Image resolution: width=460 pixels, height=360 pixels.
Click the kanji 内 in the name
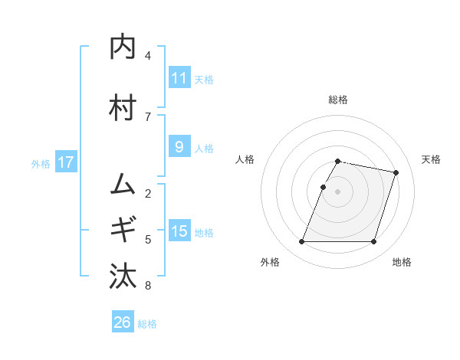pyautogui.click(x=123, y=47)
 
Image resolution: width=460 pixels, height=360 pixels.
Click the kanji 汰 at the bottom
pyautogui.click(x=123, y=274)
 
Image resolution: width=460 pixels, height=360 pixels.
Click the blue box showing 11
pyautogui.click(x=179, y=78)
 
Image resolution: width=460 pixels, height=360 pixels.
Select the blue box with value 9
pyautogui.click(x=179, y=147)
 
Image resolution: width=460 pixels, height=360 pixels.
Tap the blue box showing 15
pyautogui.click(x=179, y=231)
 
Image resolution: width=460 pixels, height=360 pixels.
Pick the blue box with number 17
pyautogui.click(x=65, y=162)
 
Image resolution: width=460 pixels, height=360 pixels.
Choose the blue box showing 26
pyautogui.click(x=122, y=322)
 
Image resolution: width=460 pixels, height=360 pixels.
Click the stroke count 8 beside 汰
pyautogui.click(x=148, y=286)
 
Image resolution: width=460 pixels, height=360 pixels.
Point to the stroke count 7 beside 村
pyautogui.click(x=148, y=116)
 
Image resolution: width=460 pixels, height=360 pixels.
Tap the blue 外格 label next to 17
pyautogui.click(x=41, y=163)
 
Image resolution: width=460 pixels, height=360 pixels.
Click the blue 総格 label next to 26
pyautogui.click(x=147, y=323)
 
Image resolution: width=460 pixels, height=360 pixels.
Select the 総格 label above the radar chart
pyautogui.click(x=338, y=100)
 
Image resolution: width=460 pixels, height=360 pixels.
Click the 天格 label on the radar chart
pyautogui.click(x=431, y=159)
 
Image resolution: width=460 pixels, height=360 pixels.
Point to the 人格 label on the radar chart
pyautogui.click(x=245, y=159)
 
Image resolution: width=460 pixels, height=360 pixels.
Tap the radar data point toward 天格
pyautogui.click(x=396, y=173)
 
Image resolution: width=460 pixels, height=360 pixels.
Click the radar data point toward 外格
pyautogui.click(x=302, y=242)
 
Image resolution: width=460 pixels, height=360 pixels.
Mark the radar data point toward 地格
pyautogui.click(x=373, y=242)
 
